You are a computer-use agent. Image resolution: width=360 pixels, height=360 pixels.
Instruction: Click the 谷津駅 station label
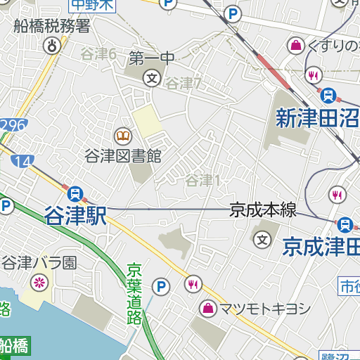(x=75, y=216)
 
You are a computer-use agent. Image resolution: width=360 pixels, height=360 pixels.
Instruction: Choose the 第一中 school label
(x=151, y=58)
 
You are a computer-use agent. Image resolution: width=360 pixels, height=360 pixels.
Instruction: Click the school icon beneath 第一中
(x=151, y=77)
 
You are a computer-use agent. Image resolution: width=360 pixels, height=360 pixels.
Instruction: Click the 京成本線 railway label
(x=263, y=210)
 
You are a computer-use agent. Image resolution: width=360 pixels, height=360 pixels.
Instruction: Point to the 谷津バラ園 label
(x=39, y=264)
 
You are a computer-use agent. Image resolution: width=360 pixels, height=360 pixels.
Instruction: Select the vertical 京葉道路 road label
(x=134, y=293)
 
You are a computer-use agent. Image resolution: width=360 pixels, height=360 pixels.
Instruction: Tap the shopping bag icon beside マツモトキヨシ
(x=209, y=307)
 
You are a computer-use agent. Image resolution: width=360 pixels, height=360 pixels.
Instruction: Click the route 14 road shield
(x=22, y=161)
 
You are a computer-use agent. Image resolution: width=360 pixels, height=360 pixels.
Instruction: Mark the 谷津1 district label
(x=203, y=181)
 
